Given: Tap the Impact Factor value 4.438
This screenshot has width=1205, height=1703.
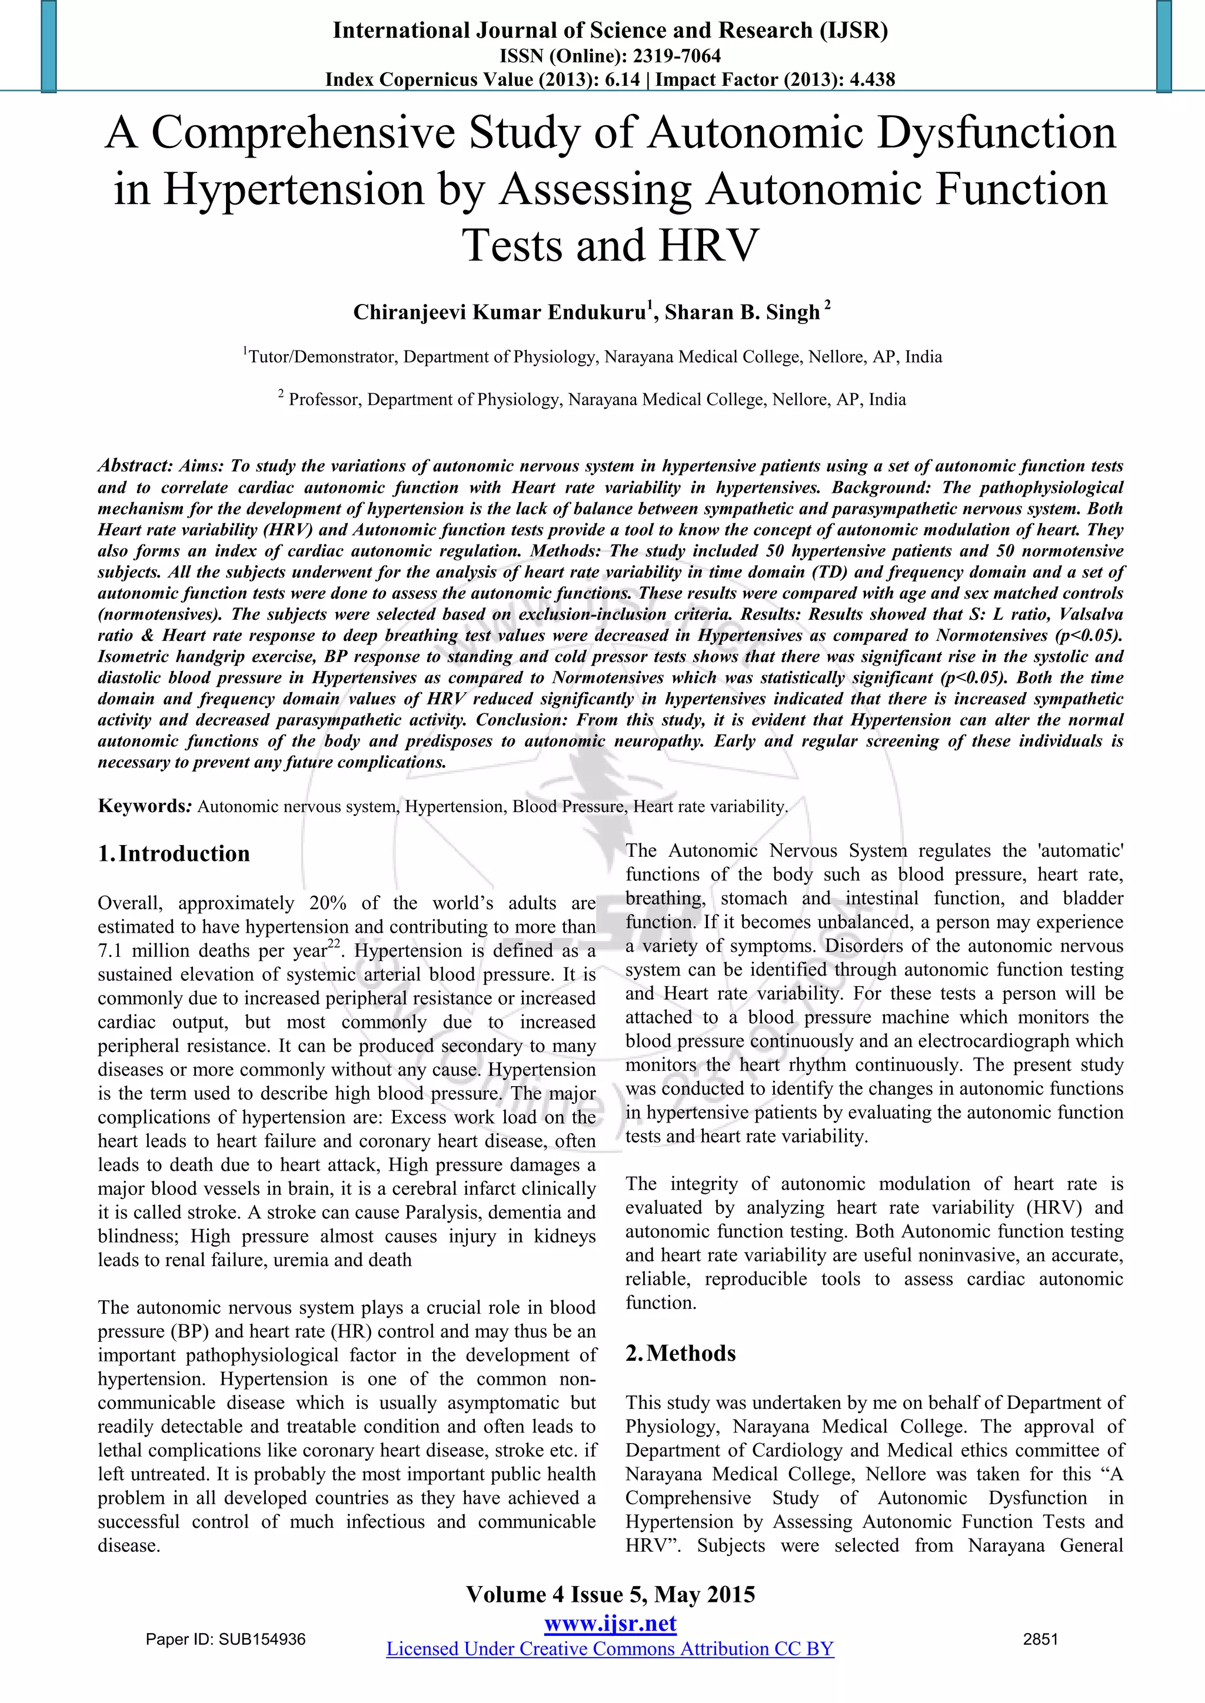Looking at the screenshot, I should pyautogui.click(x=869, y=79).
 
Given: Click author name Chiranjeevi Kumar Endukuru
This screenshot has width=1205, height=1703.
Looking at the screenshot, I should pyautogui.click(x=498, y=312).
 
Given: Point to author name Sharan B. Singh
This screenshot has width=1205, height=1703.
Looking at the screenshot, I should pyautogui.click(x=742, y=312).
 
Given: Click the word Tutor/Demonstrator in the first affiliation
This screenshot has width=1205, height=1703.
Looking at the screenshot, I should pyautogui.click(x=323, y=357).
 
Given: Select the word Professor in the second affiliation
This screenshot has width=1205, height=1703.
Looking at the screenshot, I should pyautogui.click(x=324, y=400).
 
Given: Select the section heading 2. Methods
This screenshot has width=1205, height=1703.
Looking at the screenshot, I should pyautogui.click(x=681, y=1354).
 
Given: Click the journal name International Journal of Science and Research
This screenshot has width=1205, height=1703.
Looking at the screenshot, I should pyautogui.click(x=571, y=31).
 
